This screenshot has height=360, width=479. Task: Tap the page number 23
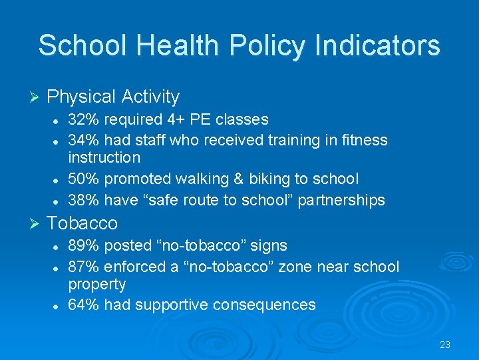(x=445, y=345)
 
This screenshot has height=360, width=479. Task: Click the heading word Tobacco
(x=82, y=223)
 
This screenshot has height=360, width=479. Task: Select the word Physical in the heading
(x=82, y=97)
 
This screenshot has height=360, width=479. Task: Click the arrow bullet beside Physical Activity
(x=36, y=97)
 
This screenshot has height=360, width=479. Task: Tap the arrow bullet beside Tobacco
(x=36, y=223)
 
